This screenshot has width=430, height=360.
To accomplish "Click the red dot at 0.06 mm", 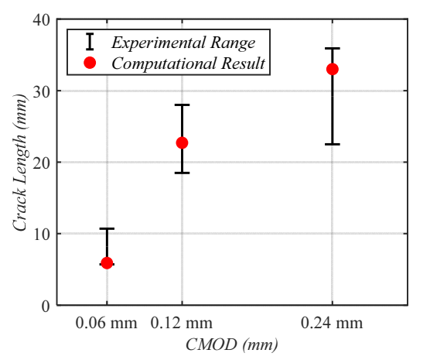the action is tap(107, 262).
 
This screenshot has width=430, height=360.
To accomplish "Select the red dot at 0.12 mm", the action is tap(182, 142).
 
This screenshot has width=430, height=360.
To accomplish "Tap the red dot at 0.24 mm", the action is tap(333, 69).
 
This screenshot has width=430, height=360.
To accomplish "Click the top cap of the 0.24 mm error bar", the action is tap(333, 48).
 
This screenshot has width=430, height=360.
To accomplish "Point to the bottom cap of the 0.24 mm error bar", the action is tap(333, 144).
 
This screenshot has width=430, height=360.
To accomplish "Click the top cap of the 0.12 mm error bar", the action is tap(182, 105).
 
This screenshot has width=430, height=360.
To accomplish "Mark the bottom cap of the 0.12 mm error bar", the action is tap(182, 173).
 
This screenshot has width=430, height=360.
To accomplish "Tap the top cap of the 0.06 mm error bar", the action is tap(107, 228).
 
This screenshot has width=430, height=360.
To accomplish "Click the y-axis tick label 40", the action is tap(42, 20).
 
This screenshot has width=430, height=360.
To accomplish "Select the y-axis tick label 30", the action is tap(42, 91).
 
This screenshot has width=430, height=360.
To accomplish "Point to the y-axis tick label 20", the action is tap(42, 163).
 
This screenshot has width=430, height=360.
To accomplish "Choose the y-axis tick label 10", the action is tap(42, 235).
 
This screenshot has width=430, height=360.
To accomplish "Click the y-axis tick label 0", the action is tap(46, 306).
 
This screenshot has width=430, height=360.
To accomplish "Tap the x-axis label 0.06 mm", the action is tap(107, 323).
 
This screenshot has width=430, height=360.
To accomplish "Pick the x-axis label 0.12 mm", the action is tap(182, 323).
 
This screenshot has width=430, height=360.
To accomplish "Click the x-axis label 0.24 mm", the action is tap(332, 323).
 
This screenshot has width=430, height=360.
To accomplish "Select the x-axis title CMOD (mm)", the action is tap(232, 345).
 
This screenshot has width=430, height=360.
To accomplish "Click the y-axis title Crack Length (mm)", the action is tap(20, 163).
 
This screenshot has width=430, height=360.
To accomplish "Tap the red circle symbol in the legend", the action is tap(90, 63).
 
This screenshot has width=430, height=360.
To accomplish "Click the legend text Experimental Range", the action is tap(183, 43).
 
